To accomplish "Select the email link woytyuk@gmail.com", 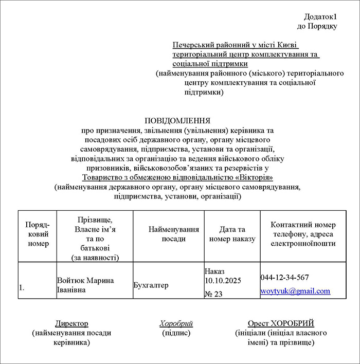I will [295, 291].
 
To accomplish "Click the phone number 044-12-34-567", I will [284, 278].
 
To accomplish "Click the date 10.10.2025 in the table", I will [223, 280].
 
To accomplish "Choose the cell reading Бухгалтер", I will [151, 285].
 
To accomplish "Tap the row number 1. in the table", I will [22, 288].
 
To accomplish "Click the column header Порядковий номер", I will [37, 234].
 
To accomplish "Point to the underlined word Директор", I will [71, 323].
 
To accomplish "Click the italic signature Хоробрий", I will [176, 323].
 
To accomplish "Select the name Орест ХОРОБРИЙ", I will [280, 323].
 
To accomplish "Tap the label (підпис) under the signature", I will [176, 333].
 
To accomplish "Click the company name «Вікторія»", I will [255, 177].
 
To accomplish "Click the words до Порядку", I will [317, 26].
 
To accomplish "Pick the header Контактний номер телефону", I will [303, 230].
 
